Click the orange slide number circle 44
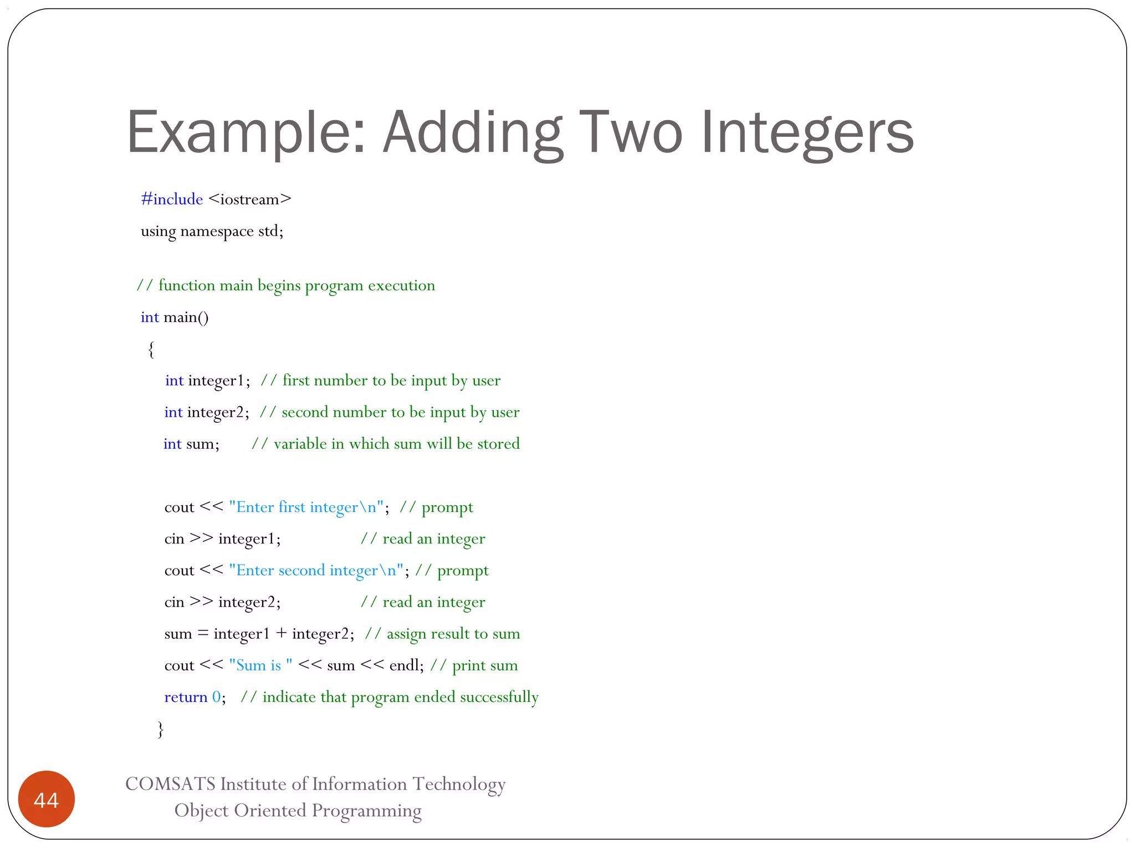click(x=46, y=799)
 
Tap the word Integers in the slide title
click(x=807, y=133)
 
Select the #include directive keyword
click(x=172, y=199)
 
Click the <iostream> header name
click(x=250, y=199)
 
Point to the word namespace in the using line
click(x=217, y=231)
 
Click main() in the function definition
click(x=186, y=317)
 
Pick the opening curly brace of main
click(x=151, y=350)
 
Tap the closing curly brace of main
click(x=161, y=729)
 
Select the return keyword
click(x=186, y=697)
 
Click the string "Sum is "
click(x=260, y=665)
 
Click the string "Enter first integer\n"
click(x=306, y=507)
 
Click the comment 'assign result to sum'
click(x=442, y=634)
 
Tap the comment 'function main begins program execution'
click(x=286, y=286)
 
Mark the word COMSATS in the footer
click(x=170, y=784)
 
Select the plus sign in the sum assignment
click(x=282, y=634)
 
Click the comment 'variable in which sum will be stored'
click(x=386, y=444)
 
